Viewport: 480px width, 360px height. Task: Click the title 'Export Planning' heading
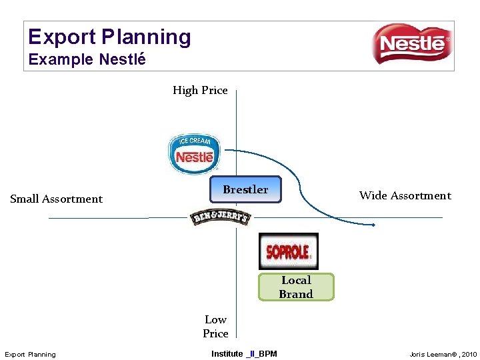pos(110,37)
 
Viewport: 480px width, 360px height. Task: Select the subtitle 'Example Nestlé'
pos(87,59)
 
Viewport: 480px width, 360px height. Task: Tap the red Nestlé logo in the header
pos(411,44)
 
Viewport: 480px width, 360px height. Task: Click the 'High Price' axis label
pos(200,90)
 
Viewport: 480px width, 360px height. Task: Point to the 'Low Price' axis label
pos(215,327)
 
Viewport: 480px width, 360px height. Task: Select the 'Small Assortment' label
pos(57,199)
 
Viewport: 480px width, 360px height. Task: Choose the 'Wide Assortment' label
pos(405,195)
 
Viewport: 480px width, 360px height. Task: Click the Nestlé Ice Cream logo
pos(193,153)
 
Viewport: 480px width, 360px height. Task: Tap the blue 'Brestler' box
pos(245,189)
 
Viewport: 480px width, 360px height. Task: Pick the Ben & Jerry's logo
pos(220,217)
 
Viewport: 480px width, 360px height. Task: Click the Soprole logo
pos(288,251)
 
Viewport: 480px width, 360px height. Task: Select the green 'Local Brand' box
pos(296,287)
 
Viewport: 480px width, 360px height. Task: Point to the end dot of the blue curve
pos(373,225)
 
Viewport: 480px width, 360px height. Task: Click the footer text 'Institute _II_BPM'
pos(244,353)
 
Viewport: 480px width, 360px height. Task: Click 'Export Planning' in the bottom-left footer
pos(31,354)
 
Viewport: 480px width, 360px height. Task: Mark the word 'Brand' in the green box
pos(296,294)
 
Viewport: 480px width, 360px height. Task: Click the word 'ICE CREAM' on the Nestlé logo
pos(195,141)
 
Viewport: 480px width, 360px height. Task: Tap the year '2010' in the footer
pos(467,354)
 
